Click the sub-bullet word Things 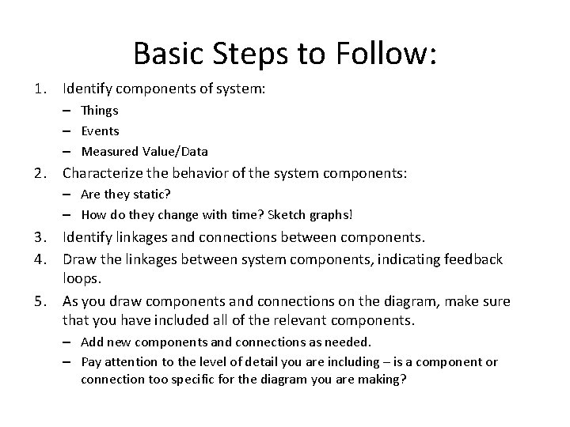point(100,111)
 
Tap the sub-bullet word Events point(101,130)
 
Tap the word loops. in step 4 point(83,279)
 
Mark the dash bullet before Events point(68,130)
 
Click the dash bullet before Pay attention point(68,361)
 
